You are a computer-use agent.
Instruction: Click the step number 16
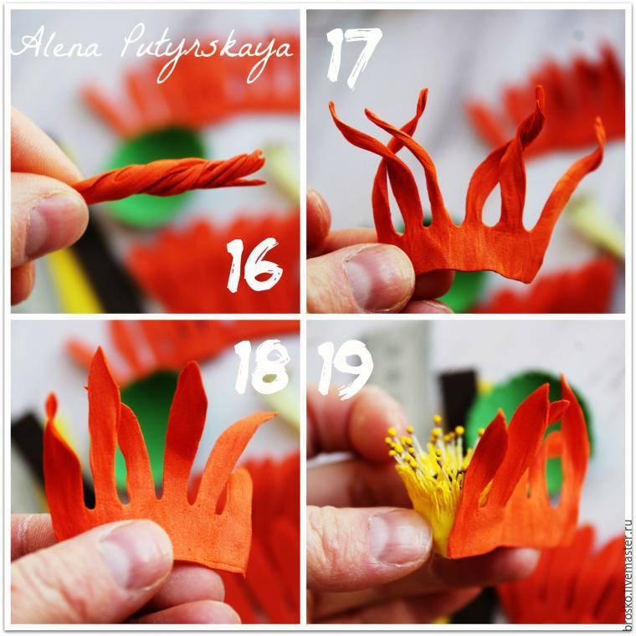254,265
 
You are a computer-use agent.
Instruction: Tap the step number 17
353,56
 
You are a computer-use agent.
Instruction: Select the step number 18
262,367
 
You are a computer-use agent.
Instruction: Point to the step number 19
345,368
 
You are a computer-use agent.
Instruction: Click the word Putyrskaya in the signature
207,52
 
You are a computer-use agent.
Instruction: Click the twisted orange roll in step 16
171,177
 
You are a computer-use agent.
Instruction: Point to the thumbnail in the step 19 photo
399,537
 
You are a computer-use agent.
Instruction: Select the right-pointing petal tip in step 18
274,414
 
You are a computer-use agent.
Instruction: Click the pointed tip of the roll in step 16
264,183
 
